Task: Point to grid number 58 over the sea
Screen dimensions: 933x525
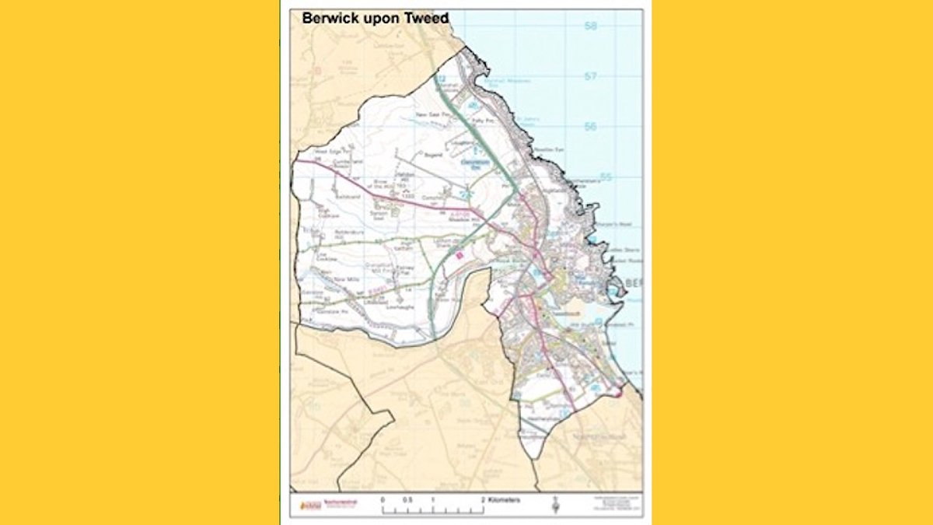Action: tap(591, 26)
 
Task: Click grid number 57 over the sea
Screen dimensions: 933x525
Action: tap(591, 76)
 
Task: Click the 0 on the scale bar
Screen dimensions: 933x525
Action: tap(383, 499)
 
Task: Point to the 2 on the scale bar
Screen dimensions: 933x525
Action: tap(483, 499)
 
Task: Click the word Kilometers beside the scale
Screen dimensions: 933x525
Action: tap(505, 499)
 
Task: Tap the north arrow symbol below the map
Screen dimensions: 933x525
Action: tap(554, 508)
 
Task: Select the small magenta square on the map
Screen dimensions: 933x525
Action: tap(460, 253)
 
